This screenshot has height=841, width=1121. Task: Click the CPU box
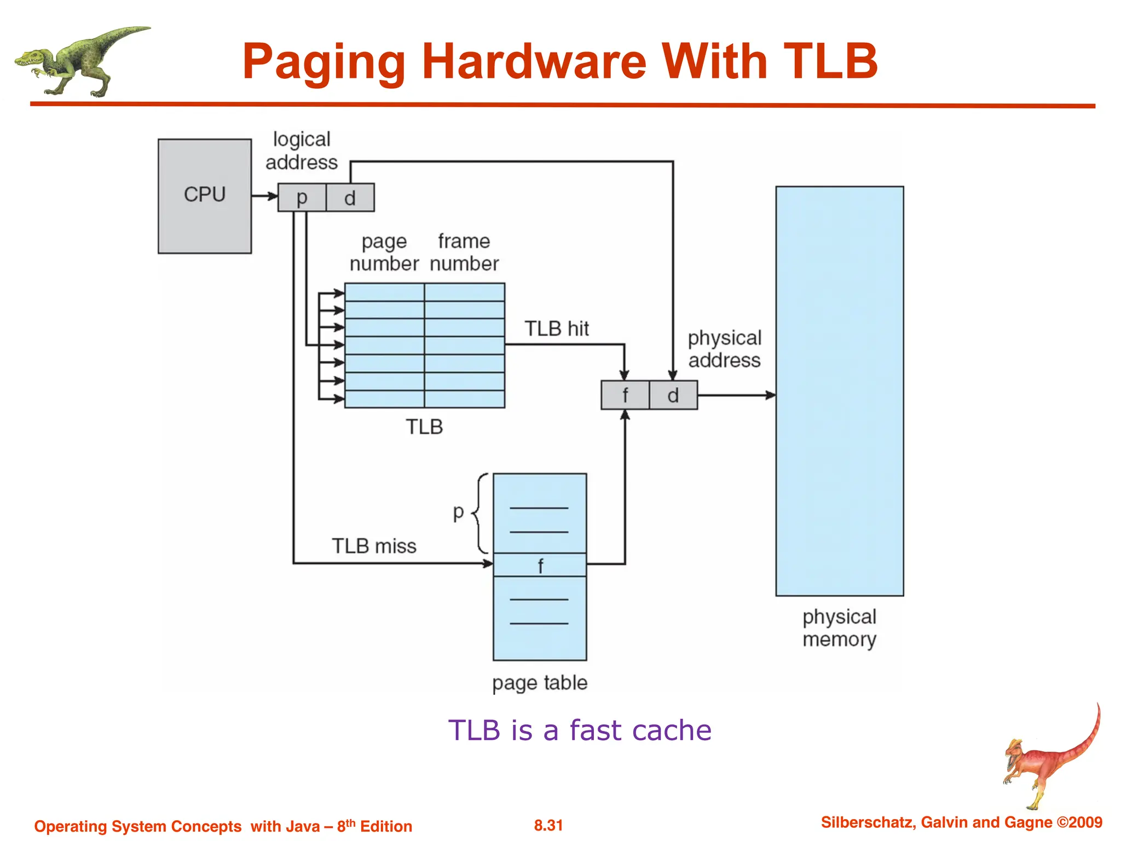[205, 196]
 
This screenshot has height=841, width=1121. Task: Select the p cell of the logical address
[302, 198]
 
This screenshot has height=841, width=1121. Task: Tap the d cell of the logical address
[350, 198]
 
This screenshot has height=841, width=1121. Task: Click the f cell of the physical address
[625, 395]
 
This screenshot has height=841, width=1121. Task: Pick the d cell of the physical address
[673, 395]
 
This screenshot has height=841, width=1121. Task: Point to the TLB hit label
[556, 329]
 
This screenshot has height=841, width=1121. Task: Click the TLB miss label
[374, 546]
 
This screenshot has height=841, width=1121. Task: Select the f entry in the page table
[540, 565]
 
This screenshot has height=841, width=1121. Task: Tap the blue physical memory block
[839, 391]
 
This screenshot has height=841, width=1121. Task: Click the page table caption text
[540, 683]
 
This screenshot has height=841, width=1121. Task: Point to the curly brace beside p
[481, 514]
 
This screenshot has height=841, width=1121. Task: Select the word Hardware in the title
[534, 61]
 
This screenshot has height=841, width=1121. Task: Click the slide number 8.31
[548, 825]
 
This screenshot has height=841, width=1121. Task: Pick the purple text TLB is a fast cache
[579, 730]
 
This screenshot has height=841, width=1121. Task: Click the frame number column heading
[464, 252]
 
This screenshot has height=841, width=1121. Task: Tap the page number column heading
[384, 252]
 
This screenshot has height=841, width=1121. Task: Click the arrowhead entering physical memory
[770, 395]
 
